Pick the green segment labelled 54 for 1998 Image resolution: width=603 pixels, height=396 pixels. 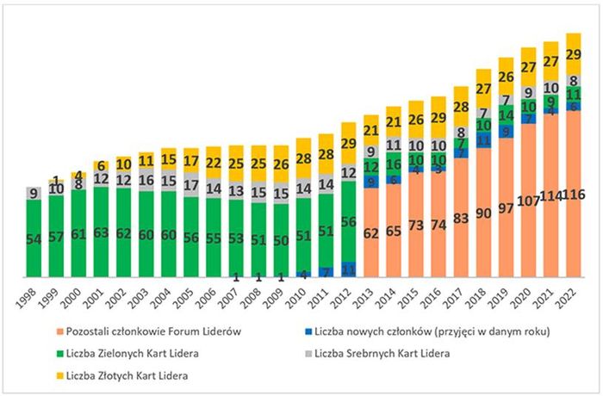tap(35, 238)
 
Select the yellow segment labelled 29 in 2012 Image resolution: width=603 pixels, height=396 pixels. tap(348, 144)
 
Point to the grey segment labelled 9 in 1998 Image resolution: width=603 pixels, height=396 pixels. tap(35, 194)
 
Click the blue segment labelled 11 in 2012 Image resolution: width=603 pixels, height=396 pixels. tap(348, 269)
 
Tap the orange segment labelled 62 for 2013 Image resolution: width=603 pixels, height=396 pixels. tap(370, 232)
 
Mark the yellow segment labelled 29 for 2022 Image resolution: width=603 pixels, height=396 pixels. tap(572, 53)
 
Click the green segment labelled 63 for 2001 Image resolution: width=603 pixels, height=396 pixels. tap(102, 232)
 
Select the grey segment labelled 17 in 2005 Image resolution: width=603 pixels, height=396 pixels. tap(191, 185)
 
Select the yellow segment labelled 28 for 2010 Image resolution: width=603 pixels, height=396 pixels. tap(303, 158)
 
